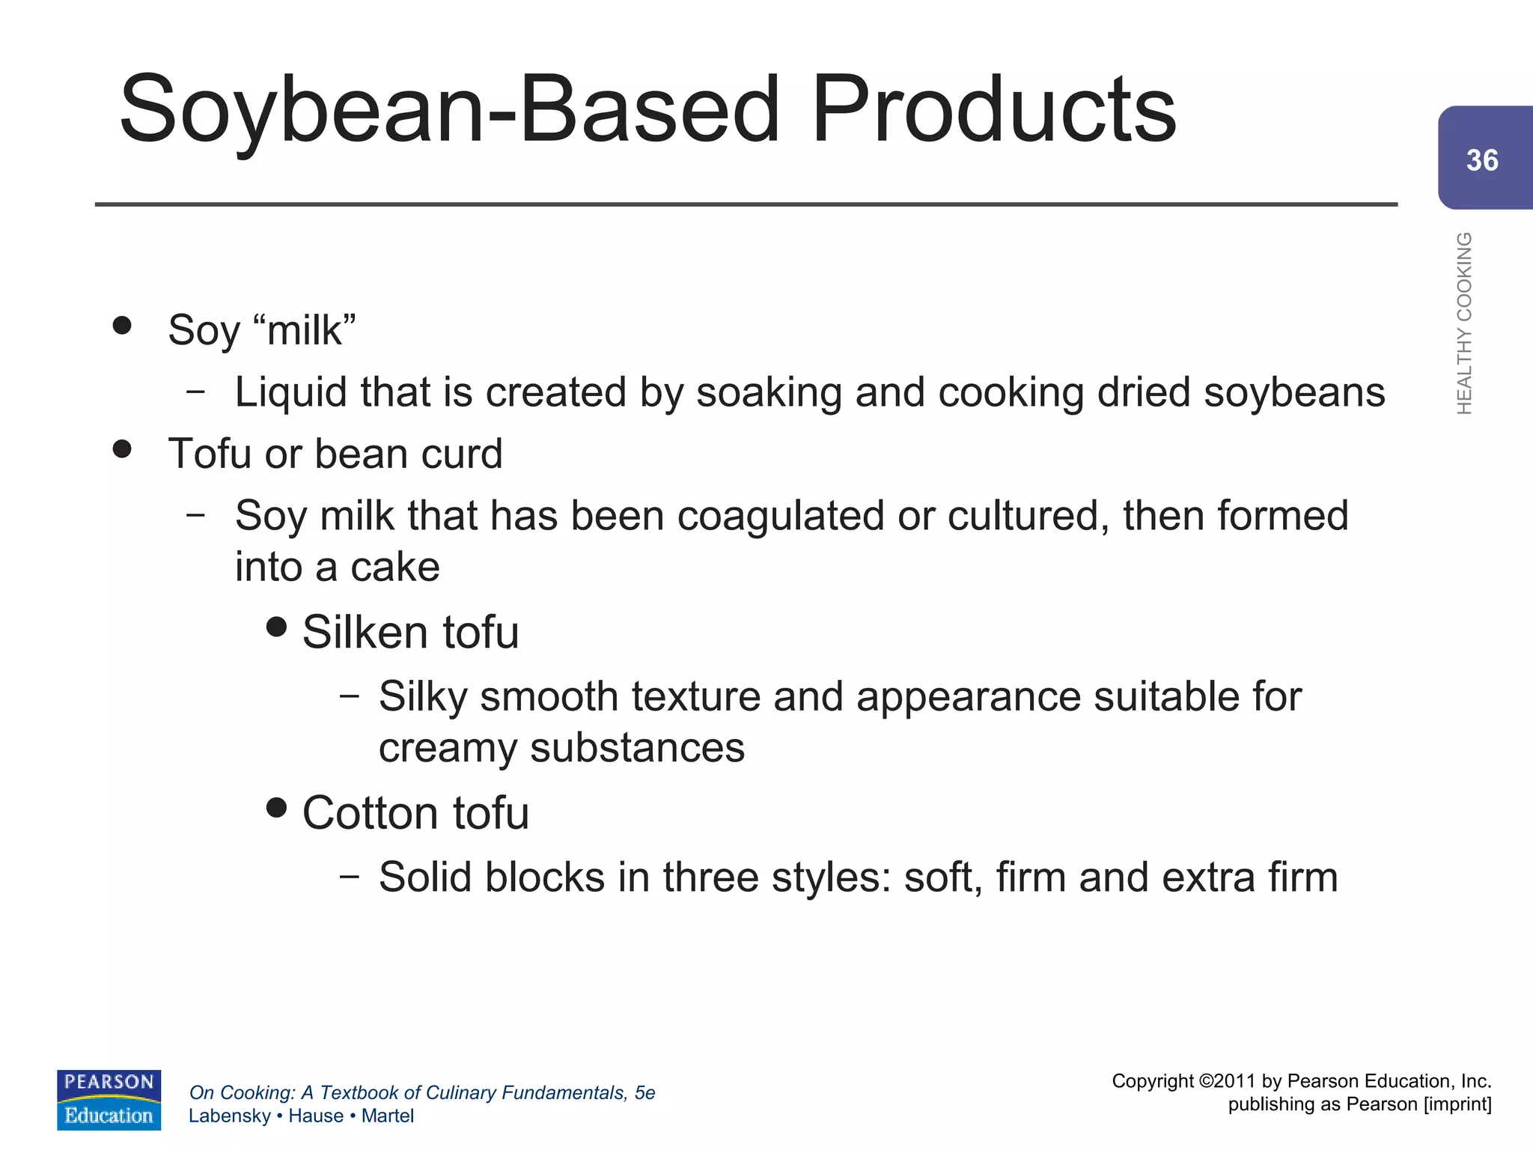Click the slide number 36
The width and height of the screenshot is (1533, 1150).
(1482, 160)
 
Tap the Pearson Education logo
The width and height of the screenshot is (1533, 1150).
(109, 1099)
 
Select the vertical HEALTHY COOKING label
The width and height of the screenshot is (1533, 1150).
(1464, 323)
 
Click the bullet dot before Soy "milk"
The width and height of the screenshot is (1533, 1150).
(122, 325)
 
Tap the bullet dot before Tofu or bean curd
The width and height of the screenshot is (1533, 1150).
(122, 448)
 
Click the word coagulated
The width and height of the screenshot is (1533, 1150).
(781, 516)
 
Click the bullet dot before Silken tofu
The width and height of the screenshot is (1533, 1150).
(277, 627)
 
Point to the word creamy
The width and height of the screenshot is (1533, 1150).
(448, 748)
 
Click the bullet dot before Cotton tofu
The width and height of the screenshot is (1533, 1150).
(277, 807)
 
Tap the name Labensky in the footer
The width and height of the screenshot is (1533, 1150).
(229, 1116)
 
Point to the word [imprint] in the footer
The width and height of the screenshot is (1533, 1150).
(1457, 1104)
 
